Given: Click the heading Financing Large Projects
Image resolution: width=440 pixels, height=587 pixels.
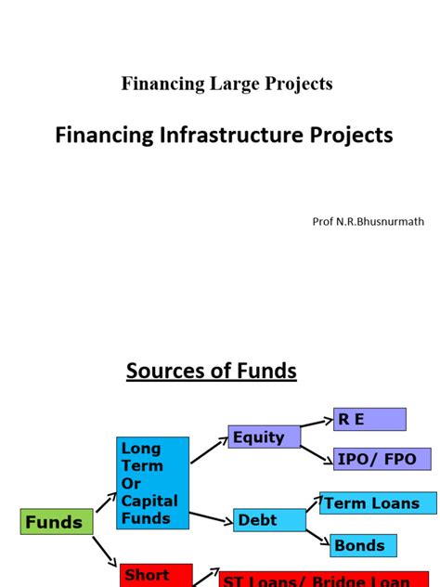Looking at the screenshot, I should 226,84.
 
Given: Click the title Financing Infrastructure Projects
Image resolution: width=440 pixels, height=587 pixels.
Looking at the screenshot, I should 224,136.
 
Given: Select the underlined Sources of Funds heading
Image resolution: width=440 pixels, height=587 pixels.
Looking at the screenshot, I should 211,372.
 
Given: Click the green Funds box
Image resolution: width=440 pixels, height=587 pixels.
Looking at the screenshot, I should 54,523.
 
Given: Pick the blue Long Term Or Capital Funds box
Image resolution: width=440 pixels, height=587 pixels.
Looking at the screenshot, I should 152,483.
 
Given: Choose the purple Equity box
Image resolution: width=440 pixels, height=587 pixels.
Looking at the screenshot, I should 264,437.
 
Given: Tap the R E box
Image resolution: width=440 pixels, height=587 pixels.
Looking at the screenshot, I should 369,419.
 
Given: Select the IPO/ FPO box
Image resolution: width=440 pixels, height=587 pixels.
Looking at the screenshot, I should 382,459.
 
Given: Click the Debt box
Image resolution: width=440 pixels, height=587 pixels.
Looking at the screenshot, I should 269,521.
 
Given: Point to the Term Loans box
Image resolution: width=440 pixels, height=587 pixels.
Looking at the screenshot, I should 378,503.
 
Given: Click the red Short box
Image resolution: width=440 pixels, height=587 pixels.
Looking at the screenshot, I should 156,575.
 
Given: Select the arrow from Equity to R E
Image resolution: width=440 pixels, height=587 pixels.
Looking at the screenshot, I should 317,424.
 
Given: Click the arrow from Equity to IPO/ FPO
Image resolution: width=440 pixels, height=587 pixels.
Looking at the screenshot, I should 317,450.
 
